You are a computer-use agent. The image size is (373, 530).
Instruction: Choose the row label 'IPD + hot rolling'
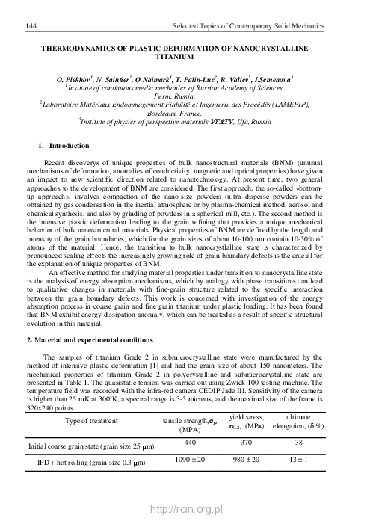click(57, 463)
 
